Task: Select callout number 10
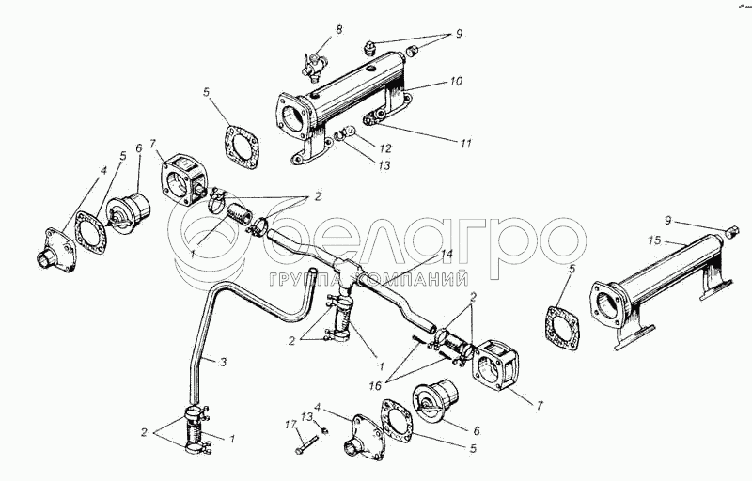[456, 82]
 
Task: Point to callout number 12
[384, 148]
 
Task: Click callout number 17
[290, 426]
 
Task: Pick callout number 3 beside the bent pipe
[224, 361]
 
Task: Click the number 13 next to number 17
[307, 416]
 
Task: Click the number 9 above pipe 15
[669, 221]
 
